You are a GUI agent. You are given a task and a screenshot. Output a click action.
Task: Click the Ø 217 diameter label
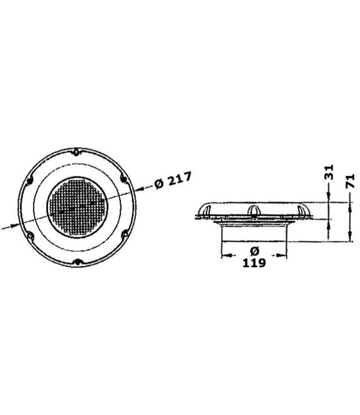pos(173,181)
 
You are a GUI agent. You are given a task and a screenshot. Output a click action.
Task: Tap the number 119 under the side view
pos(254,263)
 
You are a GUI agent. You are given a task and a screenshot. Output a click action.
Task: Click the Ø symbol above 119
pos(254,250)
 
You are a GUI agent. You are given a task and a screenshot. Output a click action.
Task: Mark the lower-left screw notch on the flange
pos(30,236)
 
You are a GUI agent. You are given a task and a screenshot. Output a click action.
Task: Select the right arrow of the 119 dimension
pos(284,256)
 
